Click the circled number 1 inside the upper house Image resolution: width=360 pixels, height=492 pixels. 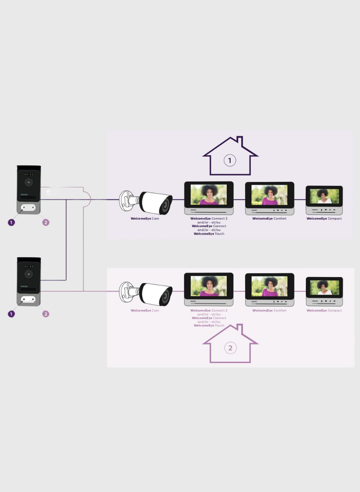coord(230,160)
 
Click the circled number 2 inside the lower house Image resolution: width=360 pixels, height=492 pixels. coord(230,348)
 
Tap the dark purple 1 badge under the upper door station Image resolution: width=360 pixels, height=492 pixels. coord(11,222)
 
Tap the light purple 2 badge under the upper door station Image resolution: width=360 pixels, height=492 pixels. coord(45,222)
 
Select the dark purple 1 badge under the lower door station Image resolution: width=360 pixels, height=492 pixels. coord(11,314)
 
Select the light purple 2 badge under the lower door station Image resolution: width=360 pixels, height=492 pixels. coord(45,314)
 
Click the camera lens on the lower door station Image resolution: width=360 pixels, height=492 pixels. coord(29,274)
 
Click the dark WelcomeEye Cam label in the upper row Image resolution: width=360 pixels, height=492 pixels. coord(145,219)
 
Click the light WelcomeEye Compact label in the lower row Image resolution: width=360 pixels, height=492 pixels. coord(324,311)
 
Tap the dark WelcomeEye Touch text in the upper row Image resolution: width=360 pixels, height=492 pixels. coord(209,234)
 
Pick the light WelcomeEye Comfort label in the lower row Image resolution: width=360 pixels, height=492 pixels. coord(269,311)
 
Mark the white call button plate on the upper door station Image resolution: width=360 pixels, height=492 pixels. coord(29,208)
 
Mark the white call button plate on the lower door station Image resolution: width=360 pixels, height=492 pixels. coord(29,299)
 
